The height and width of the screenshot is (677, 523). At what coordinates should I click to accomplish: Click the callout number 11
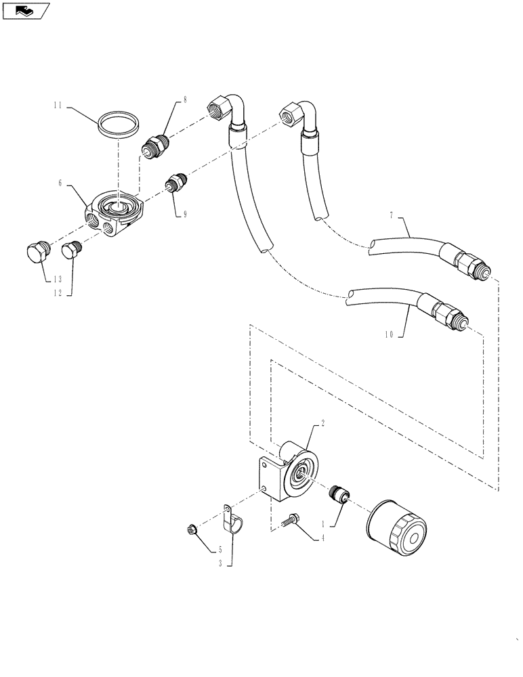click(58, 106)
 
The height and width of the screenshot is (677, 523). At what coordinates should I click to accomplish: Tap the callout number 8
click(184, 100)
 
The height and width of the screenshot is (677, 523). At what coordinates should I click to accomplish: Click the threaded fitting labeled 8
click(155, 144)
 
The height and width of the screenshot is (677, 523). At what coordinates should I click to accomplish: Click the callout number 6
click(60, 183)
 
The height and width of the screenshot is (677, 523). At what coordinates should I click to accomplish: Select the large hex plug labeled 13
click(37, 253)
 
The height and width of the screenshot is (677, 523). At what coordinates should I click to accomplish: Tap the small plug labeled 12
click(72, 252)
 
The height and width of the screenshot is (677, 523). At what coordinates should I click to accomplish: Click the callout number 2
click(323, 422)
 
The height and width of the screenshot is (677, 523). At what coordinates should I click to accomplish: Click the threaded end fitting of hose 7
click(467, 263)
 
